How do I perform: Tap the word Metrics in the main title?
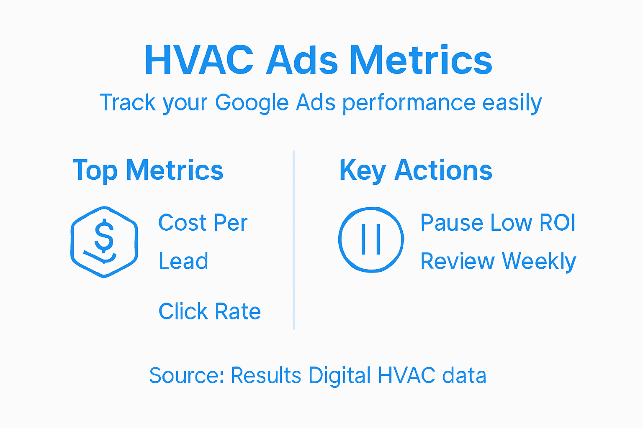421,60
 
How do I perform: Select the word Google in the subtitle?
252,103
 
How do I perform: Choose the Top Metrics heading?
148,171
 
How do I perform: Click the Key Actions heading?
416,171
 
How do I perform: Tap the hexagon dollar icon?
104,242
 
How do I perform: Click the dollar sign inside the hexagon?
104,236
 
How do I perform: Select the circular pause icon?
371,239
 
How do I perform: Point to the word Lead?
183,262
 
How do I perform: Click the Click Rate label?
210,311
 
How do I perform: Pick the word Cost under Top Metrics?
183,223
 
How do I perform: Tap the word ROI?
557,222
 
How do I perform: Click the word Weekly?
539,262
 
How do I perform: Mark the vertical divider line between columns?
294,240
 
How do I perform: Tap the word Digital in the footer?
340,375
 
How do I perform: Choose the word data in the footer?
464,375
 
